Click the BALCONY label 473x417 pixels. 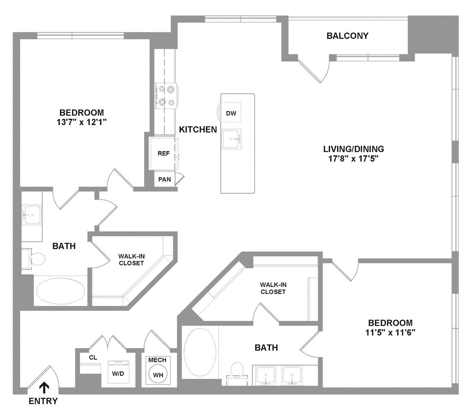(x=347, y=36)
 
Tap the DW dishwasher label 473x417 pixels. (x=230, y=113)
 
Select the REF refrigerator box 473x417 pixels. (x=164, y=154)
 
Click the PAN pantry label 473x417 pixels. (x=164, y=179)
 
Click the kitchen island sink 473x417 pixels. (x=231, y=138)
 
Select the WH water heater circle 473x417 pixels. (x=158, y=375)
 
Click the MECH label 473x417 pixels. (x=158, y=360)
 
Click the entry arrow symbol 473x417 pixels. (x=44, y=387)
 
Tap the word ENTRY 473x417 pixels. (x=43, y=401)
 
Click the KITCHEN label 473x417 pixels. (x=198, y=130)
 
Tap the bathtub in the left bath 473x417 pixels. (x=61, y=292)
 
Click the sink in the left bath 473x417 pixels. (x=32, y=215)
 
